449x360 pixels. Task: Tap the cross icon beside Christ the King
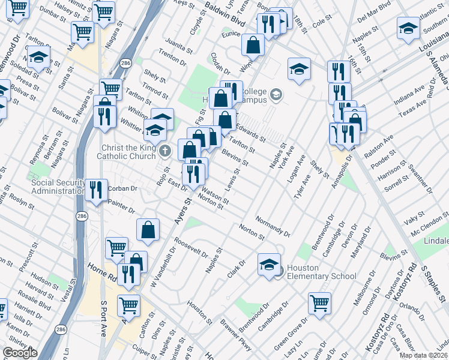tap(167, 151)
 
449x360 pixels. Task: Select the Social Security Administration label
tap(58, 187)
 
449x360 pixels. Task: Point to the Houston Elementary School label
tap(317, 272)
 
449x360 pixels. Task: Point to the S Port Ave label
tap(103, 318)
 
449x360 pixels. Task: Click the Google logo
tap(19, 353)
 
